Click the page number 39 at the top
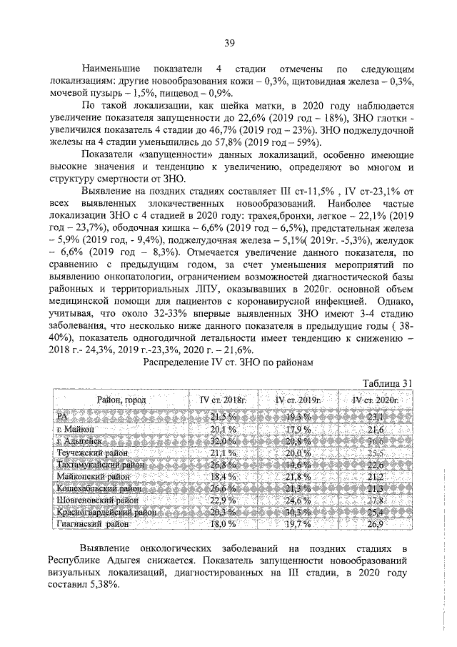(x=229, y=43)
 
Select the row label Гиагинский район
(x=93, y=524)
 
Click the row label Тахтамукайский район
(x=99, y=465)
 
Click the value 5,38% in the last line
(x=108, y=583)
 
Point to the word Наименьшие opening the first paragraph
(x=112, y=66)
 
